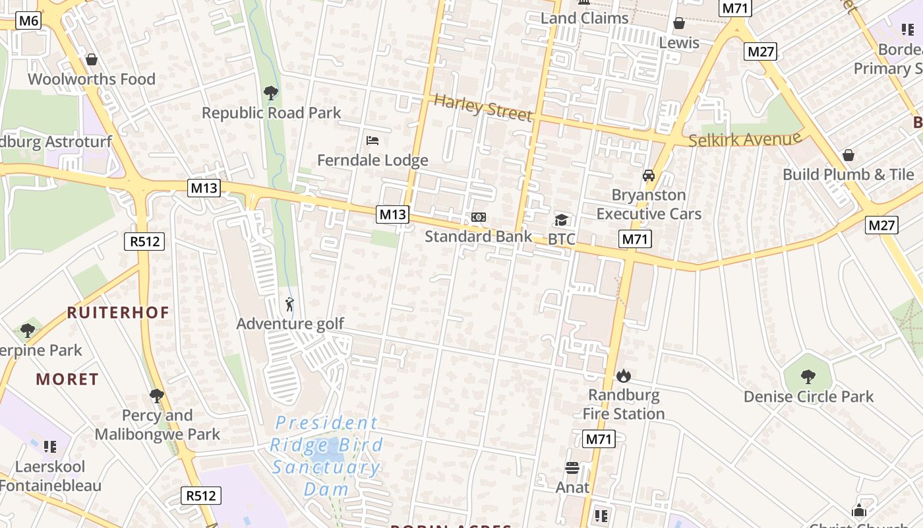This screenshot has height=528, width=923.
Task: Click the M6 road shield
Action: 28,21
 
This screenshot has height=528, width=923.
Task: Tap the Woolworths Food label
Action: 92,79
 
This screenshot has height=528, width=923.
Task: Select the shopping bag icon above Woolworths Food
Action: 92,60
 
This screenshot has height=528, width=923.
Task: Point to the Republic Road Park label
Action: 271,113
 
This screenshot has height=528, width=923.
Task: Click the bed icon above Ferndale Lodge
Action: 372,141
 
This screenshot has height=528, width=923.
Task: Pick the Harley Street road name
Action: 483,108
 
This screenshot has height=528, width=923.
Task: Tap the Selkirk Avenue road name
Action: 745,140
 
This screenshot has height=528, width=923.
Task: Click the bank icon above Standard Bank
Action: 479,217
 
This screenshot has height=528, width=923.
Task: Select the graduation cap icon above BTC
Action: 561,220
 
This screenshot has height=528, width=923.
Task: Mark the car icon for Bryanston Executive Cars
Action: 649,176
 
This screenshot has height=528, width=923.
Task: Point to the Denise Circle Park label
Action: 808,397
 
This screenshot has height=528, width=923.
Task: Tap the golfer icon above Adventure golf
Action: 289,304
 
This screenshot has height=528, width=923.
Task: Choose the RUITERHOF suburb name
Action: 118,312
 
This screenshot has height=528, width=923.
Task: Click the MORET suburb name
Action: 67,379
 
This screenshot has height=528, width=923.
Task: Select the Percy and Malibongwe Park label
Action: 158,425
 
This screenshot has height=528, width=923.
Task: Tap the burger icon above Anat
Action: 572,468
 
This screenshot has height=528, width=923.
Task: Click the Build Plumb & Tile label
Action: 849,174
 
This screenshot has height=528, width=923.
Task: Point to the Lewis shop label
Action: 679,43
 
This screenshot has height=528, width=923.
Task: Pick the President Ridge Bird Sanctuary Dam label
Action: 326,456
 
